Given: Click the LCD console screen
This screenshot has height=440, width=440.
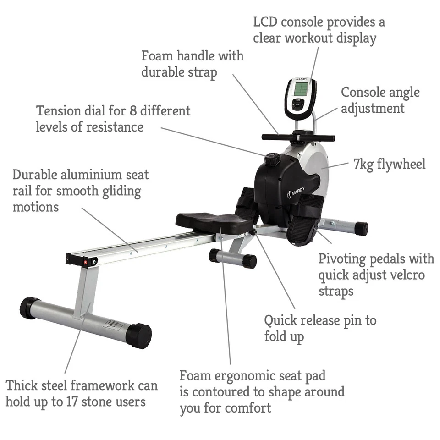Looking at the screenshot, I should click(301, 89).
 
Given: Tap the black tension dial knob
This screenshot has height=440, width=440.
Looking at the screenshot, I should click(272, 159).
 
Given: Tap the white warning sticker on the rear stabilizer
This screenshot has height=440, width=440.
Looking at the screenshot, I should click(113, 324).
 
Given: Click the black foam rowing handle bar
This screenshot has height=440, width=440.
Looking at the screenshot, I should click(298, 137).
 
